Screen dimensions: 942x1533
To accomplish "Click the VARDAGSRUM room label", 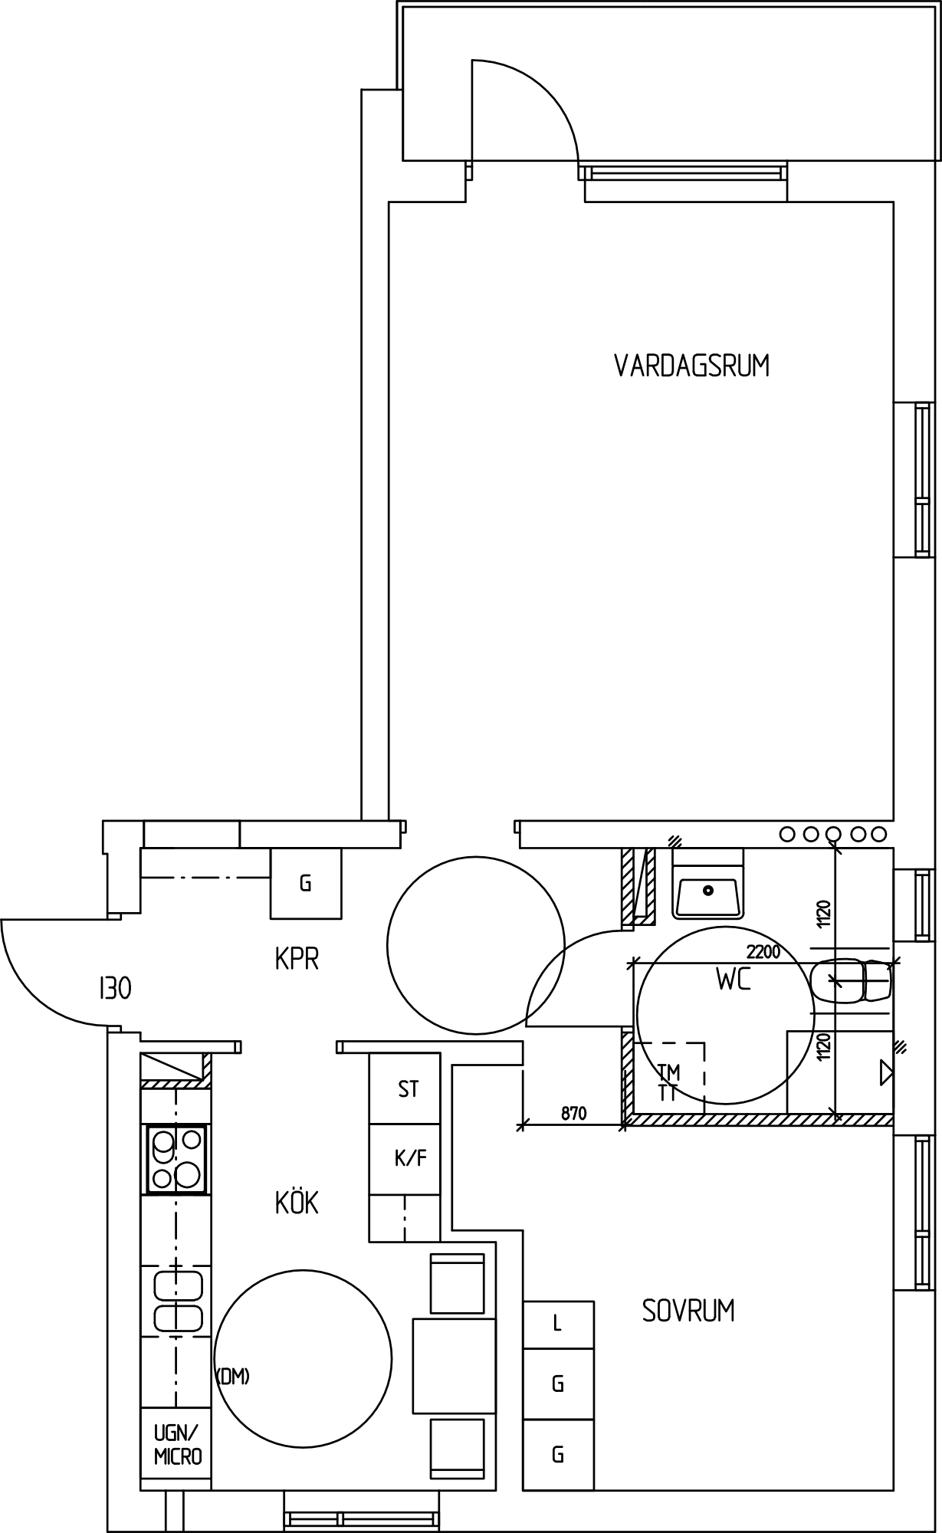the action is (x=691, y=366).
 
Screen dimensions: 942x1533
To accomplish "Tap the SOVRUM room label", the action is (x=688, y=1311).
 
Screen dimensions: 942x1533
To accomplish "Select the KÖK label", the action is (x=297, y=1203).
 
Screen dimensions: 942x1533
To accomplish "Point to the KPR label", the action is (x=297, y=958).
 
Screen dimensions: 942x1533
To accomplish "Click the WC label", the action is (x=734, y=980).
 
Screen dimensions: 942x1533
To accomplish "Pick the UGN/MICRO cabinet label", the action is (x=178, y=1445).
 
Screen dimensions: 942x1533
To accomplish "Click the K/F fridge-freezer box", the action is (x=405, y=1159).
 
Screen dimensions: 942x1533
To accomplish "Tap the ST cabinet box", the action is (x=405, y=1089).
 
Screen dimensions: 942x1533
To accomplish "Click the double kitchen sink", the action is (x=179, y=1302).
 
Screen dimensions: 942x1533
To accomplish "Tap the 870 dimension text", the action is (x=573, y=1113).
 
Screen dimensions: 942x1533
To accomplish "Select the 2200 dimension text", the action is (x=763, y=952).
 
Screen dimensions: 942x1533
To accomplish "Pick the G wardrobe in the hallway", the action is (x=306, y=883).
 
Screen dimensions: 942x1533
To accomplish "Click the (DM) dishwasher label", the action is (x=233, y=1377).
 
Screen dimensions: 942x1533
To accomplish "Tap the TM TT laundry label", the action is (x=668, y=1082).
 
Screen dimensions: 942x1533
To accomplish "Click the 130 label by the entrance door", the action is (x=115, y=989).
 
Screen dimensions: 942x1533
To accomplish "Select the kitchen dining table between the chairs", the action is (x=454, y=1365).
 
